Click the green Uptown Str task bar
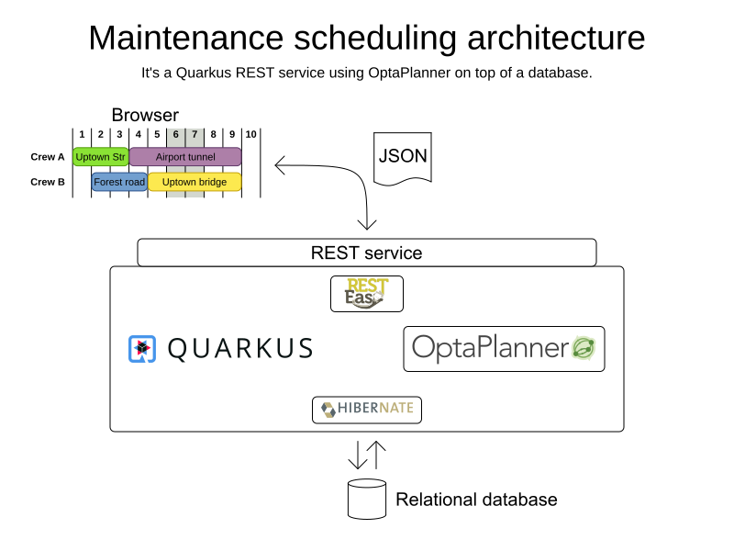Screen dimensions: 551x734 point(100,157)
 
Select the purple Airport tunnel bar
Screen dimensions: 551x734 point(184,157)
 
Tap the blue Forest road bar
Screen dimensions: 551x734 point(119,182)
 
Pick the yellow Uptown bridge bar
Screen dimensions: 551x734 point(195,182)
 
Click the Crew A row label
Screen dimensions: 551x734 point(48,157)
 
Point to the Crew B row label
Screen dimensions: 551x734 point(48,182)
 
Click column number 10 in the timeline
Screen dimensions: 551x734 point(250,135)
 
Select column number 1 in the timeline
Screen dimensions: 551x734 point(82,135)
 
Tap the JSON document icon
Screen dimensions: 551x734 point(403,157)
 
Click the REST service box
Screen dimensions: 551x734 point(366,253)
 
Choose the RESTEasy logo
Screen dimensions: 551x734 point(367,294)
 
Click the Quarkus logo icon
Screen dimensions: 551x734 point(142,348)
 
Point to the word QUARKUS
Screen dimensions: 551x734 point(240,348)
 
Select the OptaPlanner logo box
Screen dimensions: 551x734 point(504,348)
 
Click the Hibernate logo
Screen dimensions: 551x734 point(367,410)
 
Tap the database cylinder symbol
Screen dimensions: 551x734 point(367,499)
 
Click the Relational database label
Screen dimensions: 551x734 point(476,500)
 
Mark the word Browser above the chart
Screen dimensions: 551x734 point(145,115)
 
